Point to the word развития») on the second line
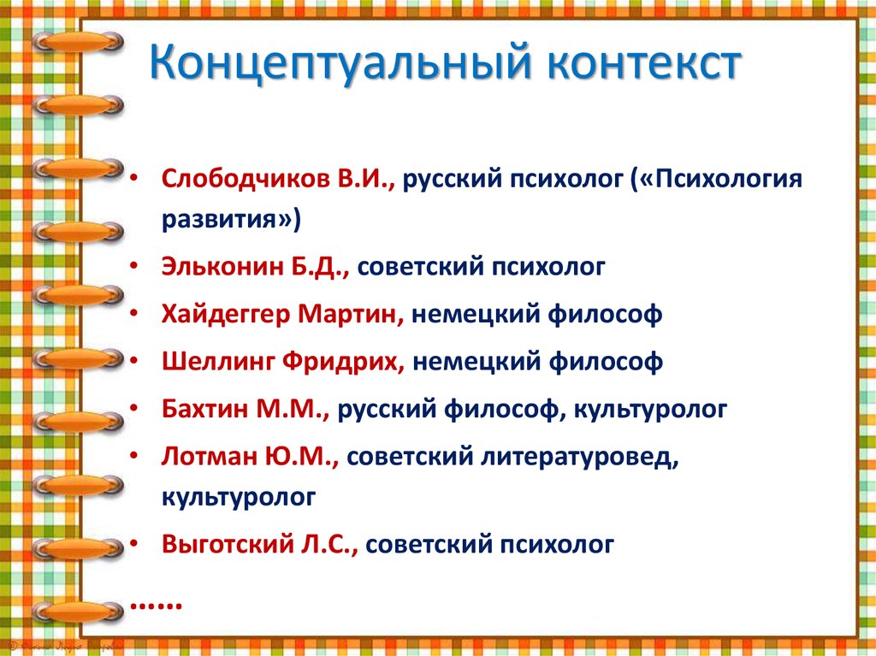click(231, 220)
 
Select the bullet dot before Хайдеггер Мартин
click(136, 315)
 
